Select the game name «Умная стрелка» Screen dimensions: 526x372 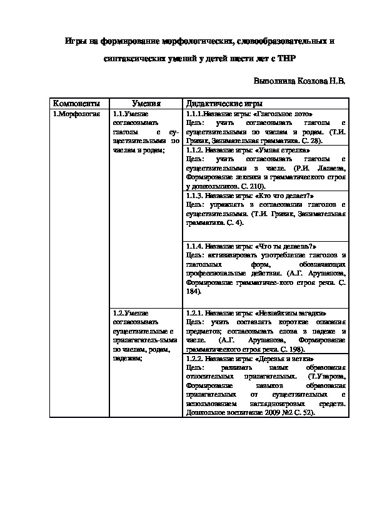click(x=283, y=151)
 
